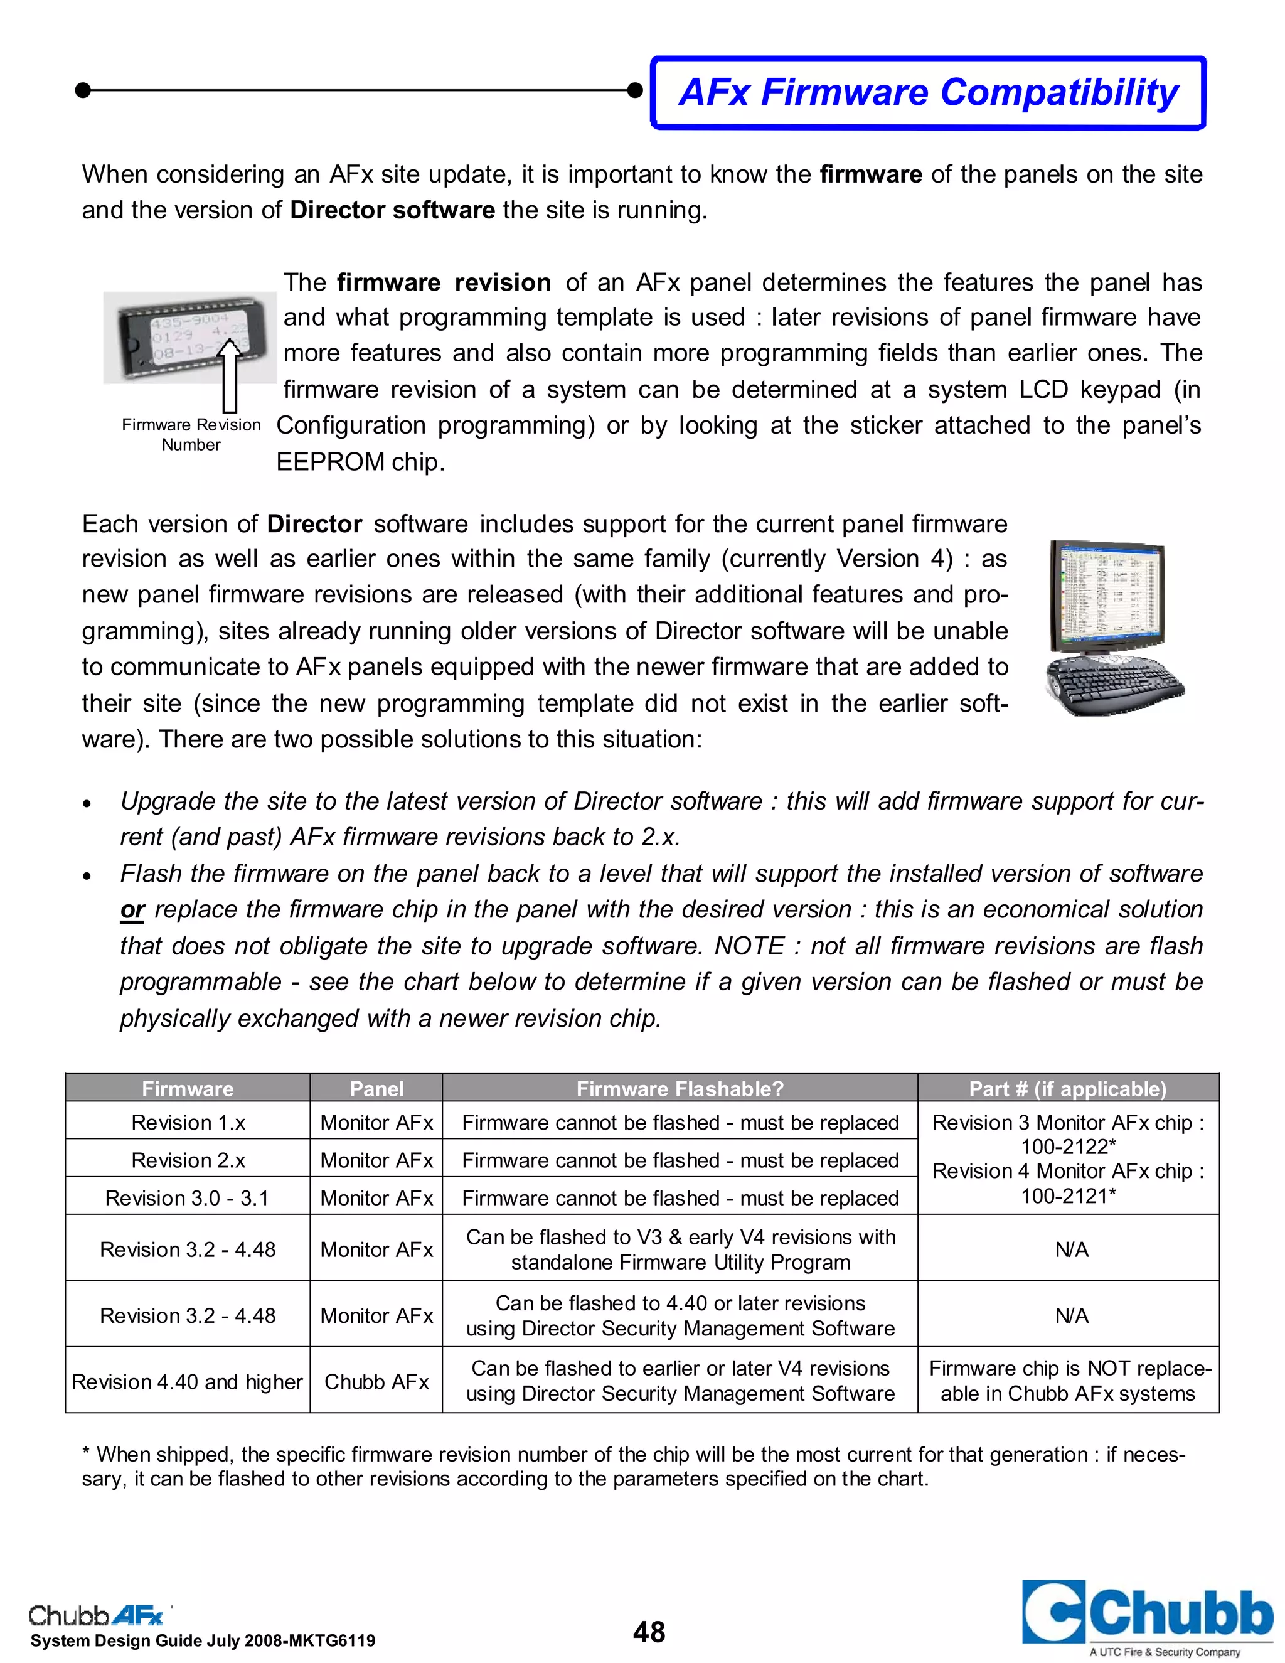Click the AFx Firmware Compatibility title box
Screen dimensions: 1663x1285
pos(927,92)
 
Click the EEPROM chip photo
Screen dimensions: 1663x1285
pos(189,338)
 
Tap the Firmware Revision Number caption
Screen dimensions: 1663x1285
pos(191,435)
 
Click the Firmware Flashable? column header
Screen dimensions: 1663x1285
pos(679,1089)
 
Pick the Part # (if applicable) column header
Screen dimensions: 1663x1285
pos(1067,1089)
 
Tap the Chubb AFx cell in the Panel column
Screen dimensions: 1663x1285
pos(376,1381)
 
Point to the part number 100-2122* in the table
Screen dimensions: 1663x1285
pos(1067,1147)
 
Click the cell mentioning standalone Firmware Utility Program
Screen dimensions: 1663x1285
pos(679,1249)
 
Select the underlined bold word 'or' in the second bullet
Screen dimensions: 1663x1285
pos(132,910)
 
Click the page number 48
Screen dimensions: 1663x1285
pos(649,1632)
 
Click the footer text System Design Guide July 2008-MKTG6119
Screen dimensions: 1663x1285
pos(203,1641)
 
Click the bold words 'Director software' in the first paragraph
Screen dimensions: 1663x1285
pos(392,210)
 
